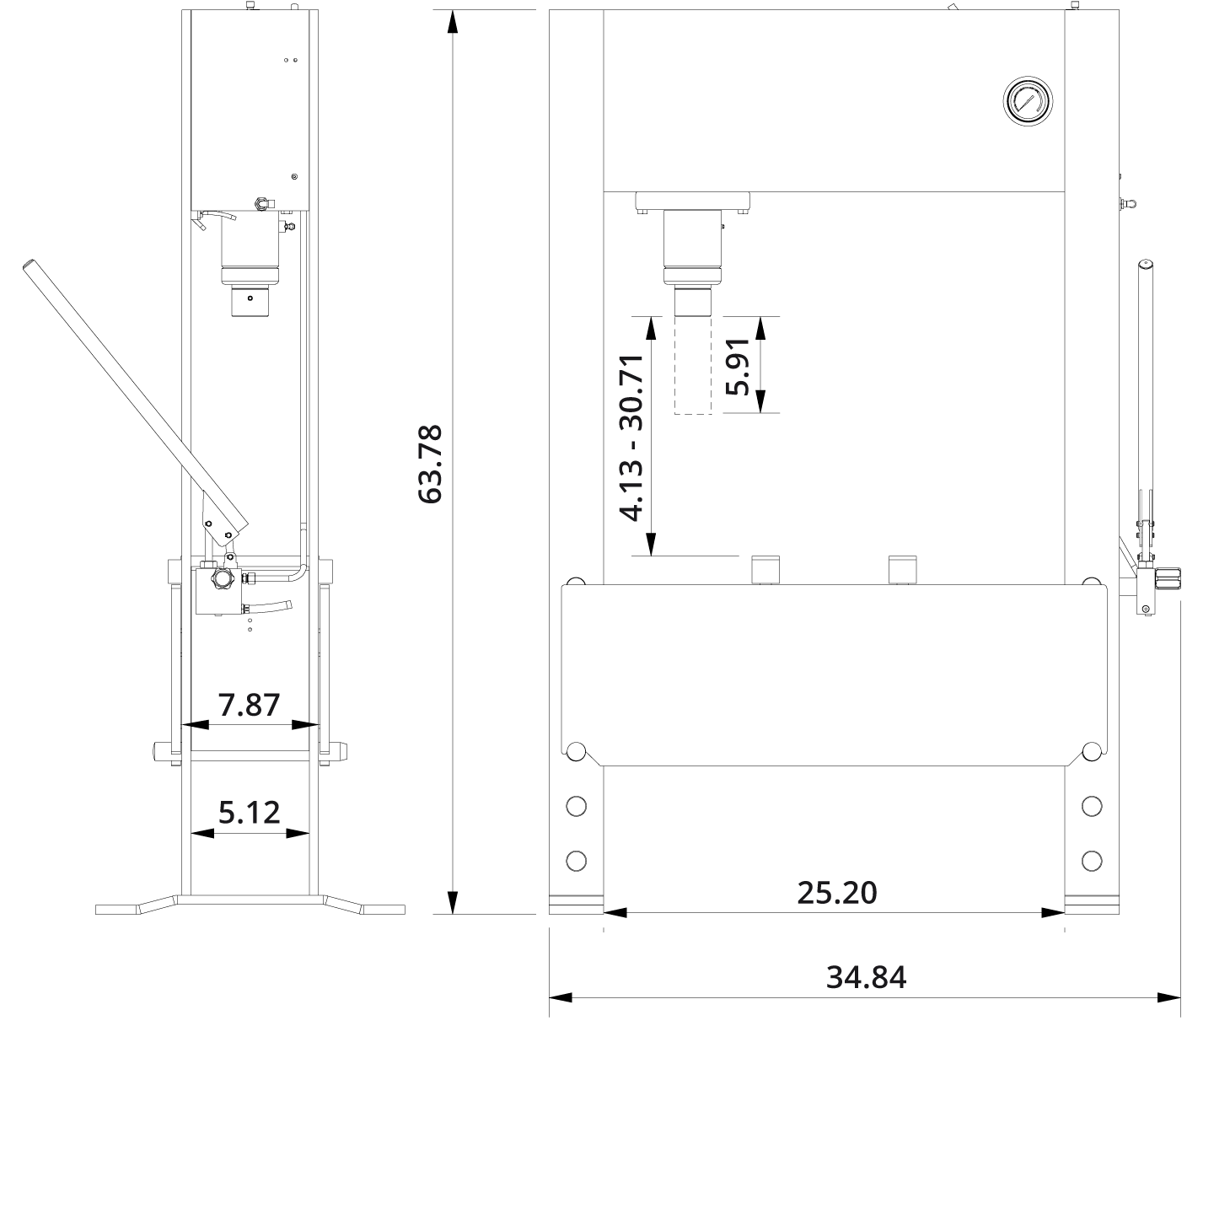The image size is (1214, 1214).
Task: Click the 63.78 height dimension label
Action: (x=431, y=465)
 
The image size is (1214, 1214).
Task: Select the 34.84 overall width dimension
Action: (x=866, y=978)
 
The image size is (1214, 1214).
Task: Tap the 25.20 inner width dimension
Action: (x=836, y=892)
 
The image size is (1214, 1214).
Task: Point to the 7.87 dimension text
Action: (x=249, y=705)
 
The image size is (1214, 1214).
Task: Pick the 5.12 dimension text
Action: (x=249, y=813)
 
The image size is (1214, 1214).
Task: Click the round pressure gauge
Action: (x=1029, y=101)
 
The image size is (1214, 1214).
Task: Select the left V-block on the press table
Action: (x=765, y=570)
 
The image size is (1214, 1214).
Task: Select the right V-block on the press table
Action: (x=903, y=570)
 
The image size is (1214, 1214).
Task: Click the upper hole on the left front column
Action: (x=577, y=806)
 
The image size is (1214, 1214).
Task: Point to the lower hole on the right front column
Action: (x=1091, y=861)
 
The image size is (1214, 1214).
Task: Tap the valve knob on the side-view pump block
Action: (x=223, y=578)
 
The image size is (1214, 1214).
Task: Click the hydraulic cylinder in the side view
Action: (x=249, y=244)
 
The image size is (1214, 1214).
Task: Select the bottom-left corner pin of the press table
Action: (x=577, y=750)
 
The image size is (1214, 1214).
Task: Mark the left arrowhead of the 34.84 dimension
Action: (x=560, y=997)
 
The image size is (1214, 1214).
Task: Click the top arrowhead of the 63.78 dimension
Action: (x=453, y=22)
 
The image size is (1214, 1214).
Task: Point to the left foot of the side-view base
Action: (x=118, y=910)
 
